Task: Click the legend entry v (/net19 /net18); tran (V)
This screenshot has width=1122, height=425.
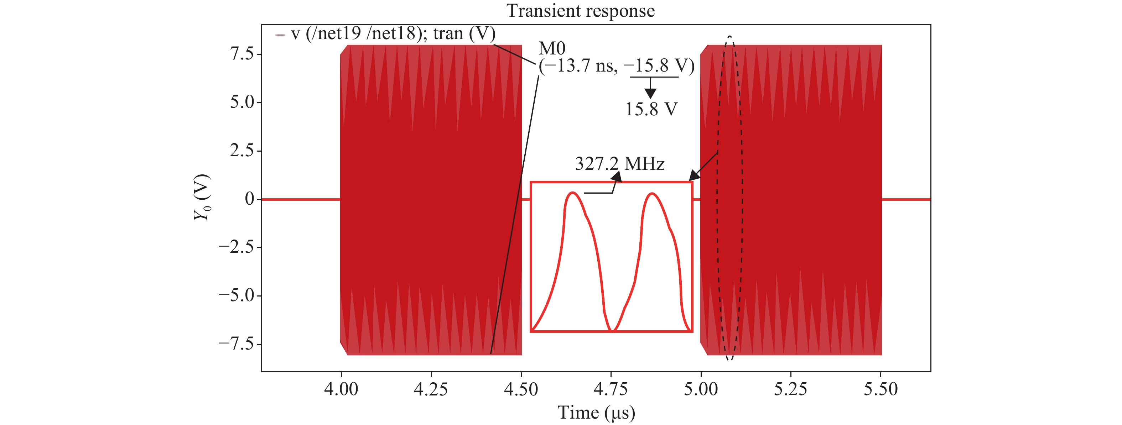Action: click(393, 33)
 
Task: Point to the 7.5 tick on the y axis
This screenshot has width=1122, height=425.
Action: click(242, 54)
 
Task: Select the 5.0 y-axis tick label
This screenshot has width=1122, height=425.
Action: click(242, 102)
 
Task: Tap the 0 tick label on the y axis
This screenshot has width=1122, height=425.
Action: click(249, 199)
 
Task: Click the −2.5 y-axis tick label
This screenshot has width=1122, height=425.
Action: click(236, 247)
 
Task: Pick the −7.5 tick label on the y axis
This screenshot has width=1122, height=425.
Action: click(236, 343)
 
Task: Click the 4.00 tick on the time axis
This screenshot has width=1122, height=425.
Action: click(341, 389)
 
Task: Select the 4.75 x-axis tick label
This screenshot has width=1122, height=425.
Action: click(611, 389)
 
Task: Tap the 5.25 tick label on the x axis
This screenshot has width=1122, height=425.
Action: click(790, 389)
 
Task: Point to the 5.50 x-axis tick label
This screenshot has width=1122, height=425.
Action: click(881, 389)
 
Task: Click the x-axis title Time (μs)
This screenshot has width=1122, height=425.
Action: click(596, 413)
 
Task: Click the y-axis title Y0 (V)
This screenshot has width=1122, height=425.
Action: click(202, 197)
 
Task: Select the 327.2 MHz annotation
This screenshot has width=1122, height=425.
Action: click(619, 164)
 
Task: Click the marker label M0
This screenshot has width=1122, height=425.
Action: click(552, 48)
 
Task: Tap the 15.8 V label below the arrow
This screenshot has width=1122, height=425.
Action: click(651, 109)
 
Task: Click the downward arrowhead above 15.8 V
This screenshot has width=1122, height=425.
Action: click(650, 93)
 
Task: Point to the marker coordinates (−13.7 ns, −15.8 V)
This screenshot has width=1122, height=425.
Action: click(616, 66)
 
